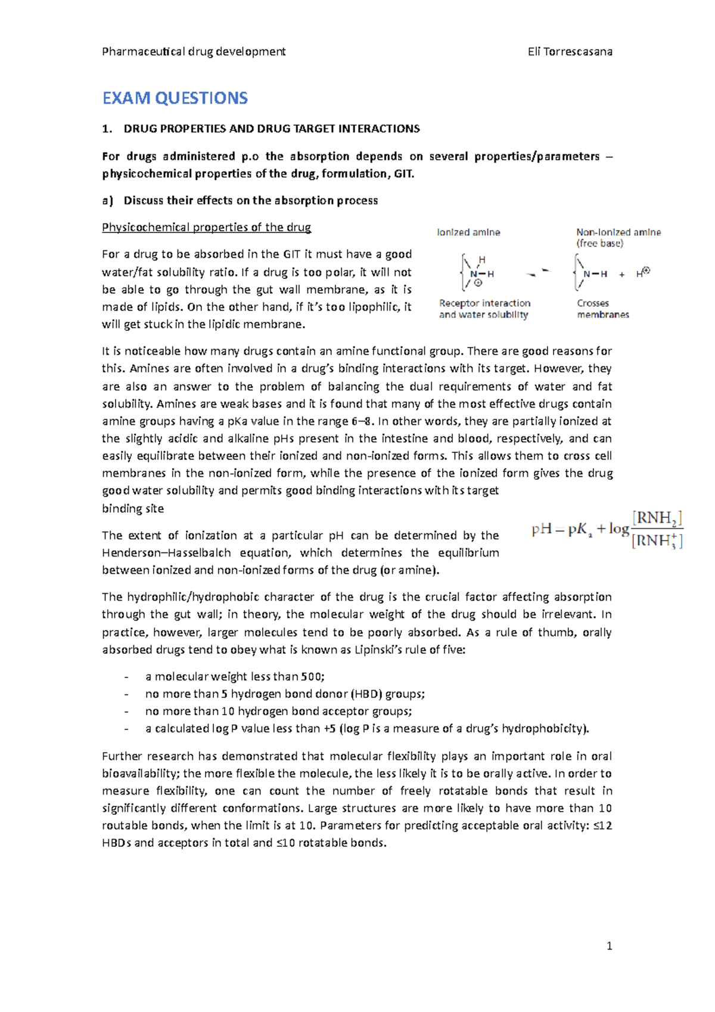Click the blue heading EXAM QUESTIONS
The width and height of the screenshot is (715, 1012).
(x=175, y=98)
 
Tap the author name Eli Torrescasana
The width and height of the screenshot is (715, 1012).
(x=570, y=52)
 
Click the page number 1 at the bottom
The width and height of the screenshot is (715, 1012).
(x=609, y=946)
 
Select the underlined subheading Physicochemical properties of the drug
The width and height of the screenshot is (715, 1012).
(x=206, y=227)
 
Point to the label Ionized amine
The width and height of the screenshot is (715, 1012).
(x=468, y=232)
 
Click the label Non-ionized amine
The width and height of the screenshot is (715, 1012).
(x=618, y=232)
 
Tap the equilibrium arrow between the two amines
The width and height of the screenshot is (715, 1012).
(x=538, y=274)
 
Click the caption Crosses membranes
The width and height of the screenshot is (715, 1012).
(x=602, y=309)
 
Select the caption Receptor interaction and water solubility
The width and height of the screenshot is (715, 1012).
(x=484, y=309)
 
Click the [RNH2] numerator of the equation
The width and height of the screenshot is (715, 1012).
(x=657, y=518)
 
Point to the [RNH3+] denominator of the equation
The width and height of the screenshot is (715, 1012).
(x=657, y=541)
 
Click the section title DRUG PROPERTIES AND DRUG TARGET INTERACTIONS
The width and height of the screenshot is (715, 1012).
(x=271, y=129)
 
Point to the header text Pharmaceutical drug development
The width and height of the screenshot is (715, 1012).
(x=194, y=52)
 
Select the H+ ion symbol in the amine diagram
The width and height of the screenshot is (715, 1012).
(x=642, y=274)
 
